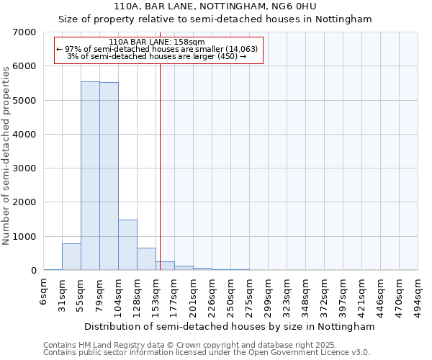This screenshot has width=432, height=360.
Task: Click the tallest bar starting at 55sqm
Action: coord(90,176)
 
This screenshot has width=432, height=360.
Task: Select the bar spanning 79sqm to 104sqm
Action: coord(109,176)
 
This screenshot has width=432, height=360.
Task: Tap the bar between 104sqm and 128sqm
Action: coord(127,245)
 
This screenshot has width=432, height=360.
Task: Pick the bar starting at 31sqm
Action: coord(71,257)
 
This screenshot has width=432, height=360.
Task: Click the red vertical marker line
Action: coord(160,166)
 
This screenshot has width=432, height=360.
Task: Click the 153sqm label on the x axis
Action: coord(156,294)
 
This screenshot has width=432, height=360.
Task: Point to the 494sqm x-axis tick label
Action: coord(418,294)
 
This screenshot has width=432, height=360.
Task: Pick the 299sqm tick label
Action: coord(268,294)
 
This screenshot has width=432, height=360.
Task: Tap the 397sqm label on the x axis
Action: coord(343,294)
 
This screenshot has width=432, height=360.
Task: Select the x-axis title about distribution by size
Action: coord(230,326)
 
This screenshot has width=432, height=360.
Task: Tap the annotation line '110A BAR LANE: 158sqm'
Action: coord(158,42)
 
